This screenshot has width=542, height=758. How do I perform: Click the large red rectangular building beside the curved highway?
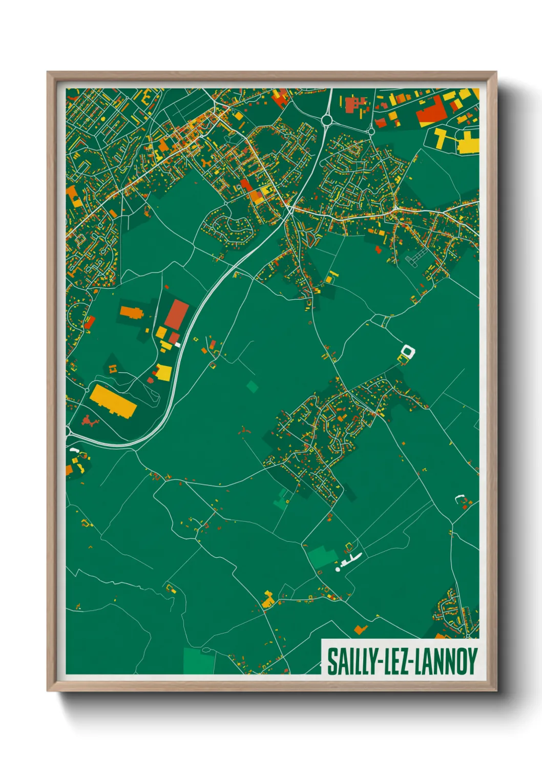click(x=177, y=314)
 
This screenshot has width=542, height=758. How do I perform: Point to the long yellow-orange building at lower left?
click(x=113, y=401)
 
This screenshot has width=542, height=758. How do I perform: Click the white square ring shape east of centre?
click(x=408, y=352)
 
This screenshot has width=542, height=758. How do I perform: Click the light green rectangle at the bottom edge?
click(x=199, y=661)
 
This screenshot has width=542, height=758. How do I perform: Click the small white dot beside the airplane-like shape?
click(x=338, y=569)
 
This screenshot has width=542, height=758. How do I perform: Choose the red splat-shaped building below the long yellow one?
click(x=89, y=422)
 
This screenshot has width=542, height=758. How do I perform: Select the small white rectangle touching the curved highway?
click(x=178, y=345)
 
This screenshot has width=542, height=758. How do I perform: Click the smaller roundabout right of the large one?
click(x=370, y=132)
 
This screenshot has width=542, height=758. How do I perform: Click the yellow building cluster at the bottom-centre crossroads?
click(x=267, y=600)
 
